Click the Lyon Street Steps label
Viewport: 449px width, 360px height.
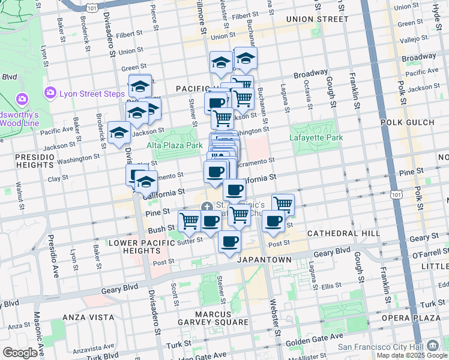point(91,93)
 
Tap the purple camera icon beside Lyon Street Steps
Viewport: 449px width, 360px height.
point(50,93)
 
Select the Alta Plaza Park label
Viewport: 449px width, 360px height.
point(175,145)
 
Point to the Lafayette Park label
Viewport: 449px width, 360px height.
point(316,138)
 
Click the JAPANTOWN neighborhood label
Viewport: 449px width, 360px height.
point(264,260)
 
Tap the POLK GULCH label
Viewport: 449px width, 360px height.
point(408,122)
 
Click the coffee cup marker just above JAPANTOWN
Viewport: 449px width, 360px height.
point(229,242)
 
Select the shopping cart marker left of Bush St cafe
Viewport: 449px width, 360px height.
point(190,221)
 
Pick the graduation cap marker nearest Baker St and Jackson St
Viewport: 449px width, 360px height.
point(119,133)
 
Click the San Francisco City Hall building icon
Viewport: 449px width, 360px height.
point(433,346)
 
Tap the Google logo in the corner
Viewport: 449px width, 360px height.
point(19,352)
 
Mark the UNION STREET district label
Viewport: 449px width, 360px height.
point(317,19)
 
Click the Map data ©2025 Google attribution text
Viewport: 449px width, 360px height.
point(412,355)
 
